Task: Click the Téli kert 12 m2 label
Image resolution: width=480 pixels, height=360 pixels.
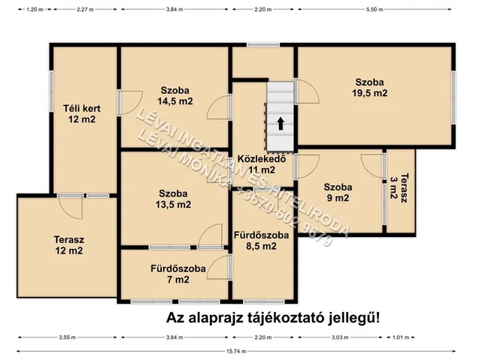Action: point(81,114)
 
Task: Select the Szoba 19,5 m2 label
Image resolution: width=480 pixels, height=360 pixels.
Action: point(370,88)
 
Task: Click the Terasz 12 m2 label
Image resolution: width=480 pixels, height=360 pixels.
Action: point(68,246)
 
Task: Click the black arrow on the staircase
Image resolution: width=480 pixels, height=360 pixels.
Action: point(280,124)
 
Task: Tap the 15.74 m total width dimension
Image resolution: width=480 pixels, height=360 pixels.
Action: point(240,353)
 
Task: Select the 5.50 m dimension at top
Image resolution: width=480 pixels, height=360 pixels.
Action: point(373,10)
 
